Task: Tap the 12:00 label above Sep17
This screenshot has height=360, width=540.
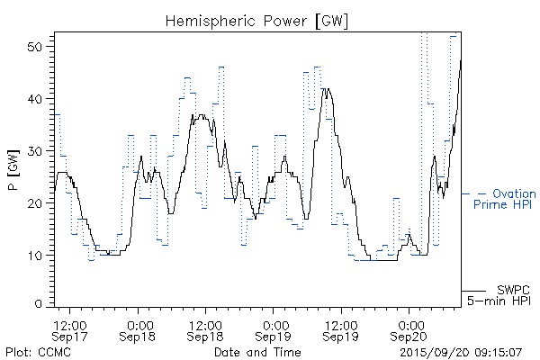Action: click(70, 323)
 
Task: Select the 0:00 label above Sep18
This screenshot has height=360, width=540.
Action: click(139, 323)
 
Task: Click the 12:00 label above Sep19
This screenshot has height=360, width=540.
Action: click(341, 323)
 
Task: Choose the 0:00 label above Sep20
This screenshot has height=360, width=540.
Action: click(409, 323)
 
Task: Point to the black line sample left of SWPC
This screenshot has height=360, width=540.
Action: click(476, 291)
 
